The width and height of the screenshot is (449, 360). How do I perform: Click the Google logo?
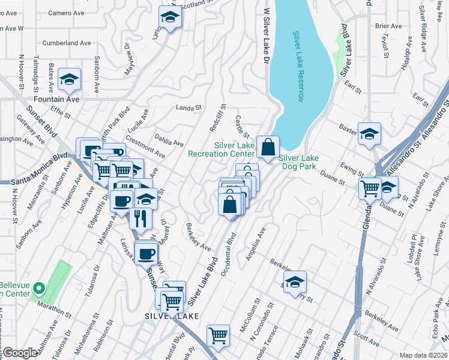point(20,353)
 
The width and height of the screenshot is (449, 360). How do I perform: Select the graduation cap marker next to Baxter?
point(369,134)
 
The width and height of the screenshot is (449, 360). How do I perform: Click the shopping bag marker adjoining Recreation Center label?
point(268,146)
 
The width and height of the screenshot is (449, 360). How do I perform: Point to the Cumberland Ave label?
point(67,43)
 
